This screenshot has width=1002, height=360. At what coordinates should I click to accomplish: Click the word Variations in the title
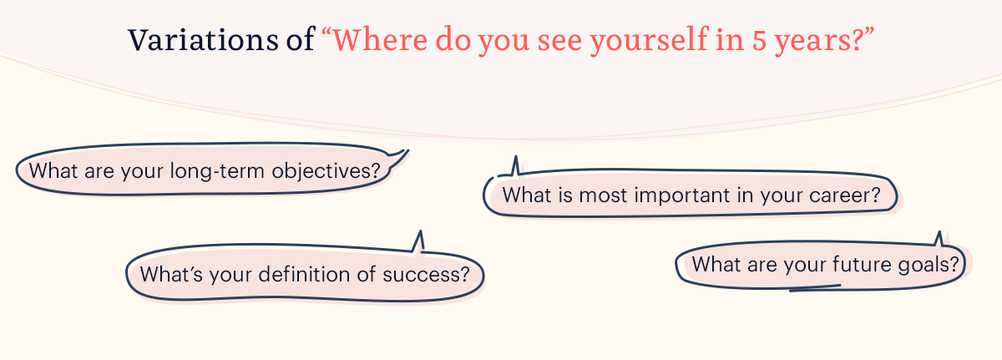click(x=203, y=40)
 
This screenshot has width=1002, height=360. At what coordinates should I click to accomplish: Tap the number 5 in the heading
click(x=759, y=41)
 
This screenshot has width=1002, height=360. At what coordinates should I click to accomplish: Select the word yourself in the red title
click(x=649, y=41)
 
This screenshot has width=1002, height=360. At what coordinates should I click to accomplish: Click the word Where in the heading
click(x=380, y=40)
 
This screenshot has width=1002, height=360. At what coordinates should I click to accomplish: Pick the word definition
click(x=304, y=274)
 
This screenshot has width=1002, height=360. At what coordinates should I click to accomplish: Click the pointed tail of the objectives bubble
click(x=408, y=150)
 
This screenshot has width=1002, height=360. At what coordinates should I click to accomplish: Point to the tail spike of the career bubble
click(x=516, y=156)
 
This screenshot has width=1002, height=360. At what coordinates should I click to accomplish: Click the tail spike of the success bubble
click(x=420, y=231)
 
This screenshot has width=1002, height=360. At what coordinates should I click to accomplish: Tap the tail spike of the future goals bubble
click(x=939, y=232)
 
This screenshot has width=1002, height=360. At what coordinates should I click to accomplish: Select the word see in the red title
click(x=559, y=41)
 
